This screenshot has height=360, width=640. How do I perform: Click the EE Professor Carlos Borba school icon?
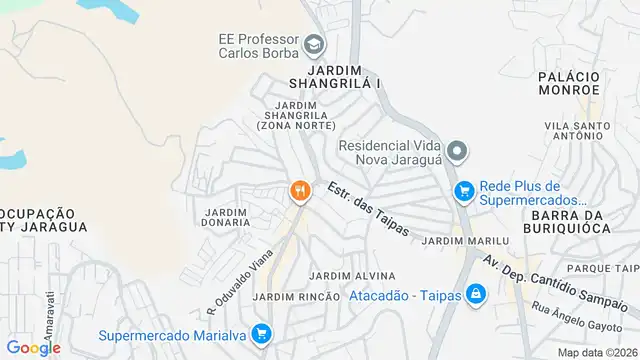pos(315,44)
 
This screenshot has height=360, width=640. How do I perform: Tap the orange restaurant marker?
pos(298,190)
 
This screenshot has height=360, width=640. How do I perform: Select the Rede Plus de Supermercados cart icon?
pos(463,190)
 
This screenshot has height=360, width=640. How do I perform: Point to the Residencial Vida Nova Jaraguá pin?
pos(457,152)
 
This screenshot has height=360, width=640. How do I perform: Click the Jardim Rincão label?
pos(290,297)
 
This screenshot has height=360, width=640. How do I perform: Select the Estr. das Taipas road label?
pos(369,209)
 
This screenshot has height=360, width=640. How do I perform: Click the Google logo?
pos(33,347)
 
